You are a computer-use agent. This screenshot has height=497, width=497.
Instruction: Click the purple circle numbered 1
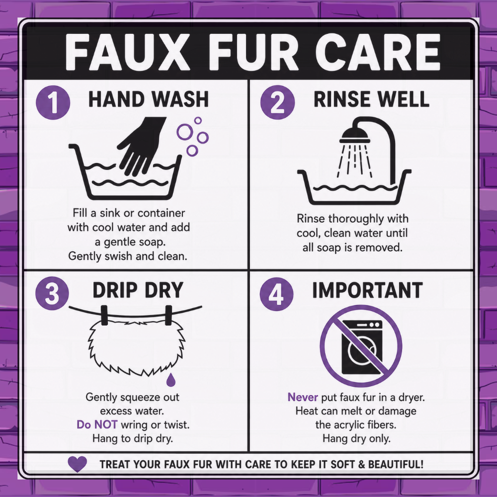tap(53, 102)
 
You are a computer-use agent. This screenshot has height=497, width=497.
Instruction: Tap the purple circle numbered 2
tap(277, 102)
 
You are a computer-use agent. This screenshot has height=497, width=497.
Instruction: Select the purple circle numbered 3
tap(52, 293)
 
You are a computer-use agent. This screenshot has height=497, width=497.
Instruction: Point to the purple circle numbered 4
tap(276, 294)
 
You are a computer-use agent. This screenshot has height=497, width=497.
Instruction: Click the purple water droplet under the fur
tap(170, 380)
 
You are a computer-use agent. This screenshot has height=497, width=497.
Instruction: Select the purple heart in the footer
tap(78, 464)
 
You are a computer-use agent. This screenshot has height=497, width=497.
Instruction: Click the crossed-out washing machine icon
tap(361, 346)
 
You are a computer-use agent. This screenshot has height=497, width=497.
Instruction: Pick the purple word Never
tap(302, 397)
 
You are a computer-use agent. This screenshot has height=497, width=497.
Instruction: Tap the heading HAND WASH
tap(148, 99)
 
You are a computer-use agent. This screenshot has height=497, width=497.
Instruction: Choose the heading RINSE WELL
tap(371, 99)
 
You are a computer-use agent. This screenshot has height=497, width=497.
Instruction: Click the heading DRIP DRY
tap(138, 290)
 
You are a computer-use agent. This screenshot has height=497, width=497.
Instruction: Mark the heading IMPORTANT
tap(367, 290)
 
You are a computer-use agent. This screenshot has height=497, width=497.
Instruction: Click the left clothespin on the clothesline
tap(104, 316)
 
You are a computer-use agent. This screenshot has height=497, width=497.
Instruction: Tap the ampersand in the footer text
tap(361, 464)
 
